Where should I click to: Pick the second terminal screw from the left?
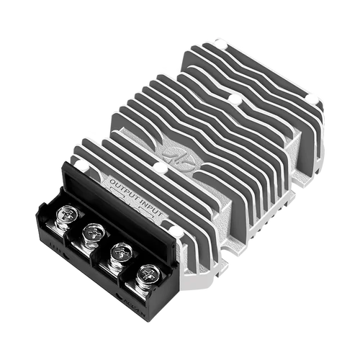(92, 232)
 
